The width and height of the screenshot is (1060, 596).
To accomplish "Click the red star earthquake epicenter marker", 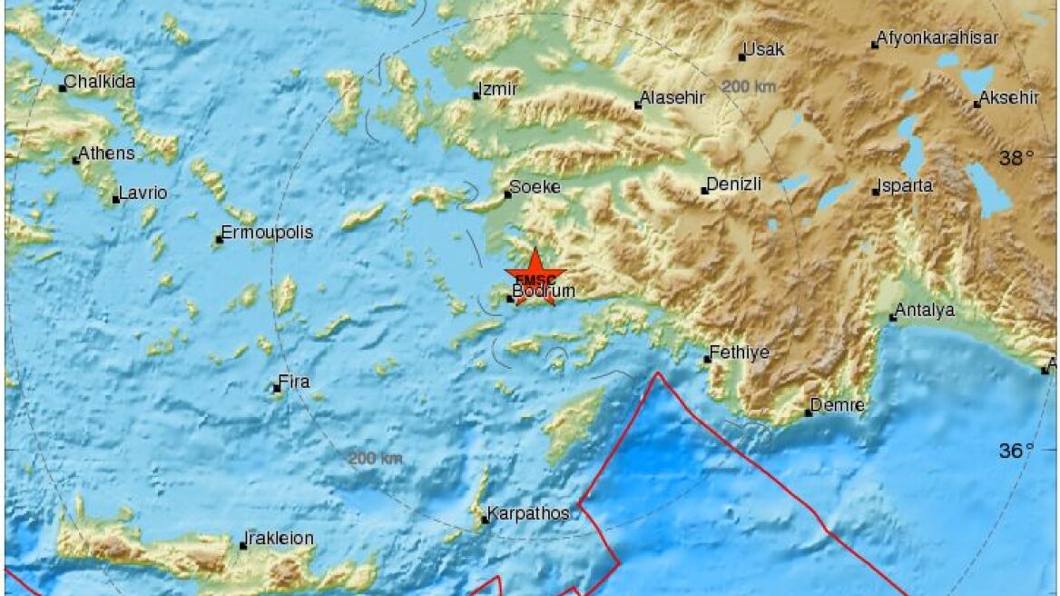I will point(535,275).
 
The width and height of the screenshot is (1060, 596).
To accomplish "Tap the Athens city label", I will point(106,154).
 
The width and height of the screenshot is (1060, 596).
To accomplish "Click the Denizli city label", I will point(733,184).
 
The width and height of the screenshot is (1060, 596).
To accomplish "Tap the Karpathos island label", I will point(528,513).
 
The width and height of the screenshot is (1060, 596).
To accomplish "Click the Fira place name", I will point(293,382).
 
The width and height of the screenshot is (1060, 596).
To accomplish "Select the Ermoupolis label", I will point(268,233).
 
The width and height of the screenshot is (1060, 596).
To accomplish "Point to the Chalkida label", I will point(100,82).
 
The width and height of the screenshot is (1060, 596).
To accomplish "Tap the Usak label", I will point(763,49).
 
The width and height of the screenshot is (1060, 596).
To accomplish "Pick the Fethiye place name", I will point(740,353).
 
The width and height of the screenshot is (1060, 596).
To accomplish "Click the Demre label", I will point(837,405).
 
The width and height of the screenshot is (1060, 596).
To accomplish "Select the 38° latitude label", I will point(1016,159).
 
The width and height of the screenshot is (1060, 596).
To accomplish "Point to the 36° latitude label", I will point(1016,451).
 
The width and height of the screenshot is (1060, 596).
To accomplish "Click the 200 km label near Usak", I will point(749,86).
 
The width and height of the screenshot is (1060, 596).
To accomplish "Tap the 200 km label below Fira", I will point(376,458).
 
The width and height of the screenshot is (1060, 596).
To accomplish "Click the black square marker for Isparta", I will point(876,192).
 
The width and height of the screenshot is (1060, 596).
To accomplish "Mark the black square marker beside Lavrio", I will point(116,199).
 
